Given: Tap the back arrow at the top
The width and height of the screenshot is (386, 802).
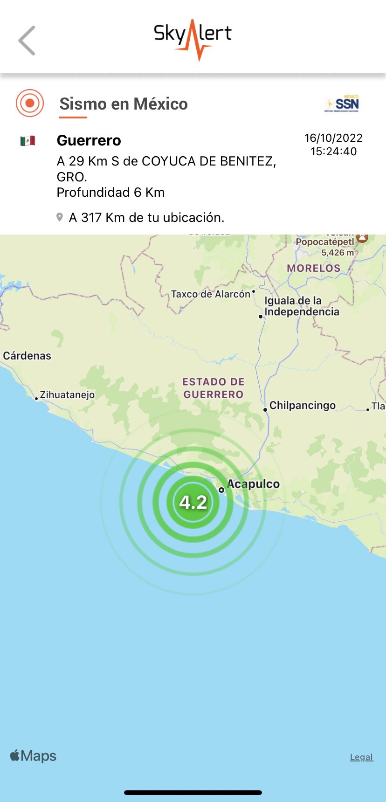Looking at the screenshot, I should tap(27, 41).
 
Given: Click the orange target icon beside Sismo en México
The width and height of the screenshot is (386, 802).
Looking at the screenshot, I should tap(30, 103).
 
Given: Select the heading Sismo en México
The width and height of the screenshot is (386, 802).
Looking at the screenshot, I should tap(124, 104).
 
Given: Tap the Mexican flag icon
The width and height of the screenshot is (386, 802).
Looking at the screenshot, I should tap(28, 140).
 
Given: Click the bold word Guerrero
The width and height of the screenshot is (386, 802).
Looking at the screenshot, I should tap(89, 140).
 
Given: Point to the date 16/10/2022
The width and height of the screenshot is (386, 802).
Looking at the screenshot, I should tap(333, 138).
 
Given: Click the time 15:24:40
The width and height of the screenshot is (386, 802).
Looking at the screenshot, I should tap(333, 152).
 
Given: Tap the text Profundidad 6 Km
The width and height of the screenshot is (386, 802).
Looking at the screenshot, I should tap(110, 193).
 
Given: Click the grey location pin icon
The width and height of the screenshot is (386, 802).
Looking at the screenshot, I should tap(60, 217).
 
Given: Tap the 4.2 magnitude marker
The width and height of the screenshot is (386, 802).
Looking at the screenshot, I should tap(193, 502).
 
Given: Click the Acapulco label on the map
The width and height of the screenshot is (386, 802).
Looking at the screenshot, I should tap(253, 484).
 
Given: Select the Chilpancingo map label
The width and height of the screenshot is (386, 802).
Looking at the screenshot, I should tap(302, 405).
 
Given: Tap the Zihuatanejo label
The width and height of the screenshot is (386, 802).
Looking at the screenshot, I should tap(67, 395).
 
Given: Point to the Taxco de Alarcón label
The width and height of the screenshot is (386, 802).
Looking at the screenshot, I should tap(211, 294).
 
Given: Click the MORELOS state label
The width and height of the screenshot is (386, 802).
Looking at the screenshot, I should tap(314, 268).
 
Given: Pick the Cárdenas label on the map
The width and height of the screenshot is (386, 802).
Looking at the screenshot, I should tap(27, 356).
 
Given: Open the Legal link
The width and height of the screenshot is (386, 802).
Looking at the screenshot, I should tap(361, 757).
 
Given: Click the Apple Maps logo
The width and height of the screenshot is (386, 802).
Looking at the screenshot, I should tap(33, 756).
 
